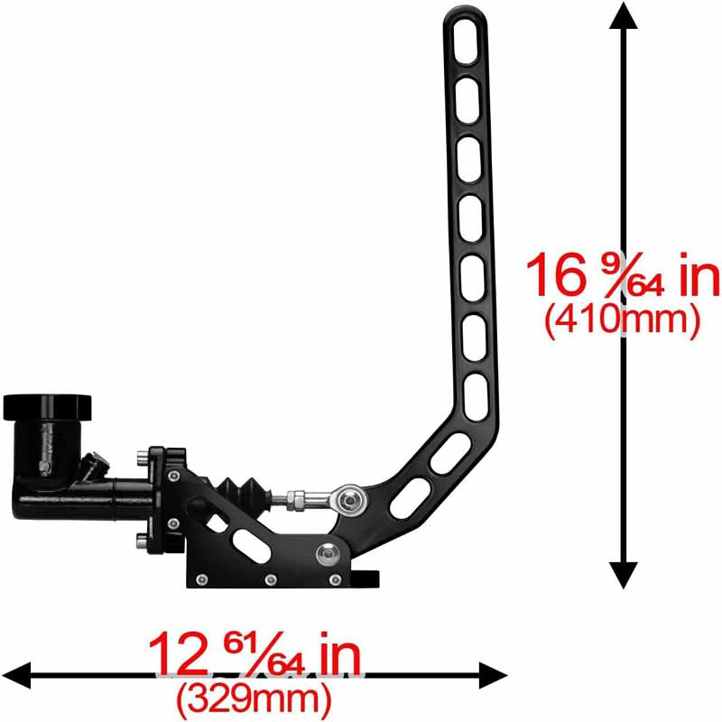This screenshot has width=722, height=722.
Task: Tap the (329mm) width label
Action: (255, 696)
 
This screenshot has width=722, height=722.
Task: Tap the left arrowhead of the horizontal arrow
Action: (18, 673)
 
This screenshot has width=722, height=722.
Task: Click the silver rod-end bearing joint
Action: (348, 495)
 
